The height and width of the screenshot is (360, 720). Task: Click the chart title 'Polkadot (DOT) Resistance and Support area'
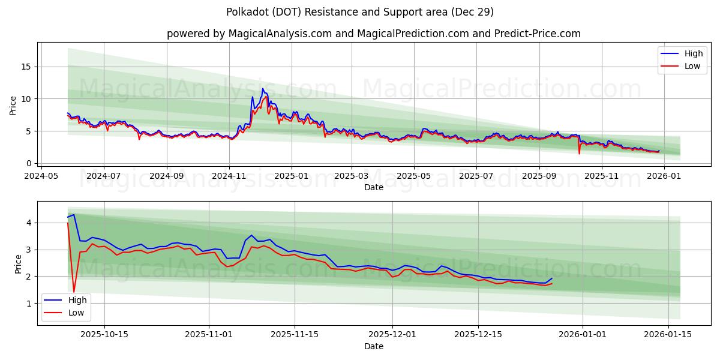click(360, 12)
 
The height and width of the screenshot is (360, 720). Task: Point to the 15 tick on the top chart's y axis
click(26, 67)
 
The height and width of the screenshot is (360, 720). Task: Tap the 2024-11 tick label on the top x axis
click(229, 176)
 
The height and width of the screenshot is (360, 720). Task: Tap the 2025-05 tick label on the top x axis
click(414, 176)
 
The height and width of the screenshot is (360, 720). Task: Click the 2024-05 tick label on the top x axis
click(41, 176)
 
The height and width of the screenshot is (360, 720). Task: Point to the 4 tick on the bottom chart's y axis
click(28, 223)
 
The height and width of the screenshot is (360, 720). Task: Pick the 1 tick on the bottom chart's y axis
click(28, 304)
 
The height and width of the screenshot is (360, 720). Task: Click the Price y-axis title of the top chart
click(13, 104)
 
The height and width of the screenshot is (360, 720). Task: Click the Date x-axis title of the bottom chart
click(373, 346)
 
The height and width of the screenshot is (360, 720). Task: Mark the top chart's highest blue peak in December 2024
click(262, 89)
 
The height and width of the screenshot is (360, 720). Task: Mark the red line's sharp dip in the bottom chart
click(74, 292)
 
